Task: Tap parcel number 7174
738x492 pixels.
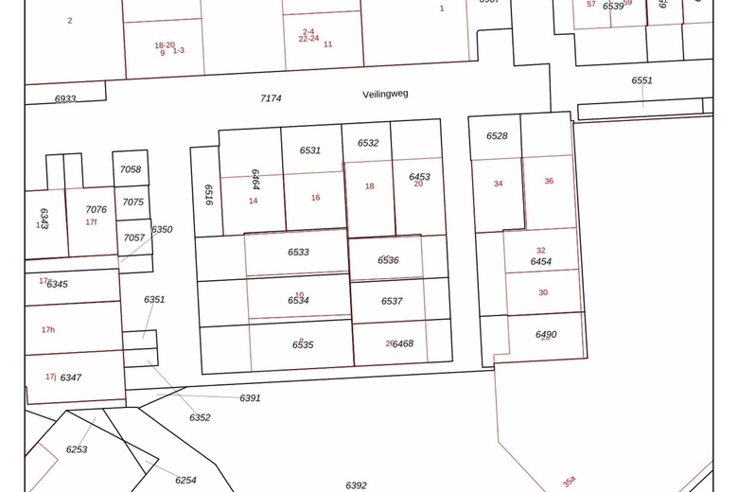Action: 271,98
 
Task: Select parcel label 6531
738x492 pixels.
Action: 310,150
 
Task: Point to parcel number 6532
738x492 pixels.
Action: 368,143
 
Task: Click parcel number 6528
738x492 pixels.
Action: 497,136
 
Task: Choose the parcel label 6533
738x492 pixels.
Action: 298,253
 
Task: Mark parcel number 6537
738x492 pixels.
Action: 392,301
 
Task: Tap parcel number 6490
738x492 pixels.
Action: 546,335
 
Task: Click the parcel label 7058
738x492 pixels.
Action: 131,169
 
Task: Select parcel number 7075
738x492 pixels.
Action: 133,202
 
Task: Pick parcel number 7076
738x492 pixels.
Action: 96,210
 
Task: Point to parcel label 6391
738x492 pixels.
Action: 250,398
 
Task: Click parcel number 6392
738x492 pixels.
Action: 356,485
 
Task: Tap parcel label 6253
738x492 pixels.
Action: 77,449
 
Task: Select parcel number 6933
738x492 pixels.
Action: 65,98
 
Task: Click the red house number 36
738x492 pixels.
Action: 549,181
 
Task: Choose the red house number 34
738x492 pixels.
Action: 499,184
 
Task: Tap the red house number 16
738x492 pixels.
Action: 316,198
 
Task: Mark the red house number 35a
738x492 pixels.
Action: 569,482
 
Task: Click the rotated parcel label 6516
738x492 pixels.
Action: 208,193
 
